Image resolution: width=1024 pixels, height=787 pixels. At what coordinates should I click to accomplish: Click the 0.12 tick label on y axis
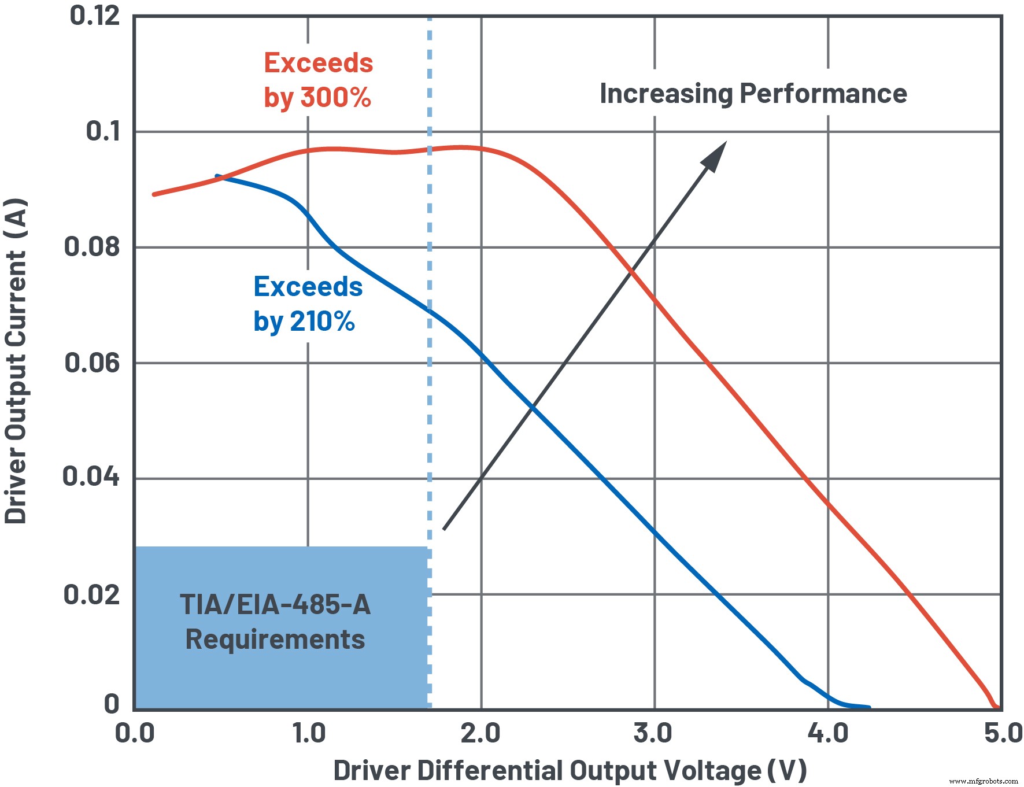94,16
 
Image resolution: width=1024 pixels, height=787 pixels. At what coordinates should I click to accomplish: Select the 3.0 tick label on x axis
653,734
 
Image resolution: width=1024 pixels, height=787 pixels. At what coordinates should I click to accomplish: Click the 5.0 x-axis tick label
1003,734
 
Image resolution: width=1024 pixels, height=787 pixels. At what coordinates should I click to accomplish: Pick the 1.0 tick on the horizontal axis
309,734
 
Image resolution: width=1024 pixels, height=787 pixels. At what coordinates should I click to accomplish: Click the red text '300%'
335,97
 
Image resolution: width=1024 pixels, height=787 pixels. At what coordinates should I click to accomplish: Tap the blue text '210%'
322,322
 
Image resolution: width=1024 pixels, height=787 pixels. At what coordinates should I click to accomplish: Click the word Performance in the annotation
823,94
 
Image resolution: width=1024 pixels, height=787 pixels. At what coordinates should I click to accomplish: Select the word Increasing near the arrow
666,94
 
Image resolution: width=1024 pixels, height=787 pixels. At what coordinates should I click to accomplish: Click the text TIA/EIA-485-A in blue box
275,605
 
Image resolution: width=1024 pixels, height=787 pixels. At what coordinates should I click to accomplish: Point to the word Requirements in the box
275,640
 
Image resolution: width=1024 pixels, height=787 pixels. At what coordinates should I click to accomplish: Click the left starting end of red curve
154,194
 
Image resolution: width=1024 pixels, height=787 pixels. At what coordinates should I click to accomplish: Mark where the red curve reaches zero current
996,707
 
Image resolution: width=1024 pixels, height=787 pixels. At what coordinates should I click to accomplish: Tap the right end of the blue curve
868,707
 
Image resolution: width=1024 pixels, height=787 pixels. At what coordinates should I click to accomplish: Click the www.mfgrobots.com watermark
984,781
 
